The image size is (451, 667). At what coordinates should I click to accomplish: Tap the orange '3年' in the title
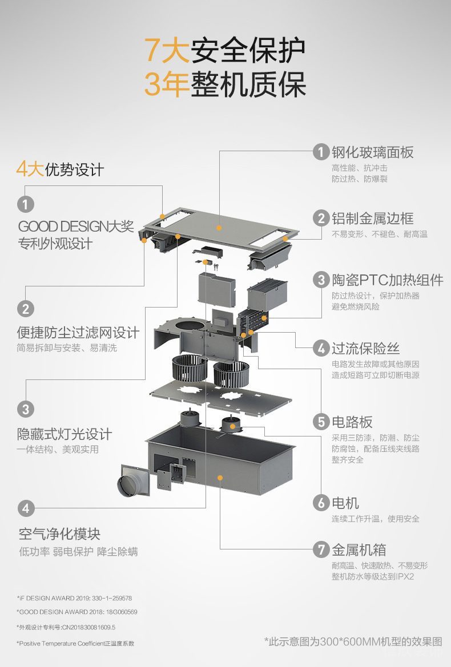[x=166, y=84]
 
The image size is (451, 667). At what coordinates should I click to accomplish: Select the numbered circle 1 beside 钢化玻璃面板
[x=321, y=152]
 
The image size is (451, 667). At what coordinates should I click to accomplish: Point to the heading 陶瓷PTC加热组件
[x=388, y=280]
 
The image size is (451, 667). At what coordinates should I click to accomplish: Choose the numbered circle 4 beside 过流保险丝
[x=321, y=348]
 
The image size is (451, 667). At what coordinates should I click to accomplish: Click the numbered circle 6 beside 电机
[x=321, y=503]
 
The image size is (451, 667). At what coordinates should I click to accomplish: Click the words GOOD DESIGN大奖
[x=76, y=227]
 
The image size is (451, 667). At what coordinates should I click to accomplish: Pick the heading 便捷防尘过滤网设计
[x=78, y=332]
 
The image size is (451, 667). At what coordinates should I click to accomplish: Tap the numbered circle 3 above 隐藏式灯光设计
[x=25, y=409]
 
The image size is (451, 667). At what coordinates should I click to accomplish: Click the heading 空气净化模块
[x=59, y=534]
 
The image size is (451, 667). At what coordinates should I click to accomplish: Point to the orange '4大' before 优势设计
[x=30, y=169]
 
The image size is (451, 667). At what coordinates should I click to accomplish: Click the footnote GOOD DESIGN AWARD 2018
[x=76, y=612]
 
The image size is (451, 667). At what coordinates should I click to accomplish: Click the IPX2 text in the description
[x=404, y=576]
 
